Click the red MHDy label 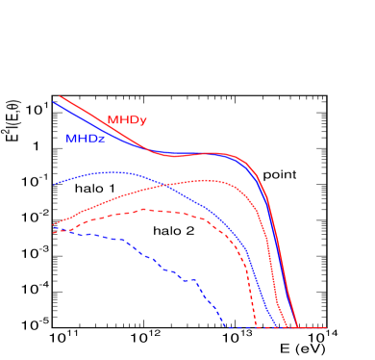point(127,120)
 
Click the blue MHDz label point(86,139)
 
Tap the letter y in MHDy point(142,121)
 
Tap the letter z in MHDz point(101,140)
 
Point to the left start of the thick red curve point(60,96)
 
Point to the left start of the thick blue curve point(53,102)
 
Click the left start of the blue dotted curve point(53,184)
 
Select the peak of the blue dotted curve point(115,171)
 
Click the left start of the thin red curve point(53,225)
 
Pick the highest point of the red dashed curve point(144,209)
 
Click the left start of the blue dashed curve point(53,232)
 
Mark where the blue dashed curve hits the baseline point(225,327)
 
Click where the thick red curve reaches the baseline point(297,327)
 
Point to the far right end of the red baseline point(327,327)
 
